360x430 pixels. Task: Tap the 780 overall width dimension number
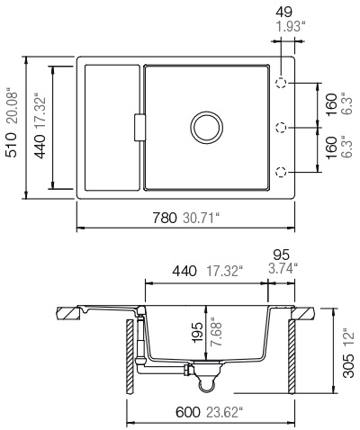point(164,242)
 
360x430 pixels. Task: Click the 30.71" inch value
point(201,242)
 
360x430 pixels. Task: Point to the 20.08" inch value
point(12,107)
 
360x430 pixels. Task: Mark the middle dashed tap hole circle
point(282,127)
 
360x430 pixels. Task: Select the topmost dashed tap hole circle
point(282,82)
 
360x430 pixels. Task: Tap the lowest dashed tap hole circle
point(282,172)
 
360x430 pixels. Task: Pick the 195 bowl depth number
point(197,333)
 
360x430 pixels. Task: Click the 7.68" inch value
point(213,333)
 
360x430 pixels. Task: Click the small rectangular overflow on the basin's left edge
point(139,126)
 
